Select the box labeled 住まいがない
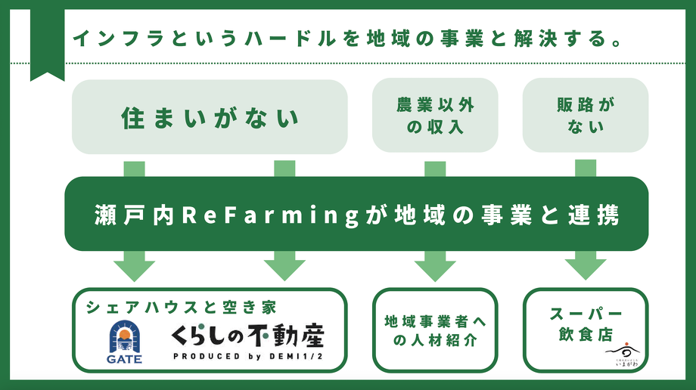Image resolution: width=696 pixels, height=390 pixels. point(210,117)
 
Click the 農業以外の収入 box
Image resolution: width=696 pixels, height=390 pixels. point(435,116)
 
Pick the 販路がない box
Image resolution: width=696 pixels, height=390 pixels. point(586,116)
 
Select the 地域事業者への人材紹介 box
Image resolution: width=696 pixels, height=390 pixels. point(435,330)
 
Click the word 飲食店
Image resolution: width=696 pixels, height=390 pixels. point(586,334)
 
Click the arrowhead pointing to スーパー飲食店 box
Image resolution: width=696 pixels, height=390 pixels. point(586,268)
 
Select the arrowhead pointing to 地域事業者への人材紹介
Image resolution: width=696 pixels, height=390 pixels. point(435,269)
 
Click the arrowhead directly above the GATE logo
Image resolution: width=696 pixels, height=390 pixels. point(134,269)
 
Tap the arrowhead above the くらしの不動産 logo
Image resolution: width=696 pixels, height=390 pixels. point(284,269)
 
